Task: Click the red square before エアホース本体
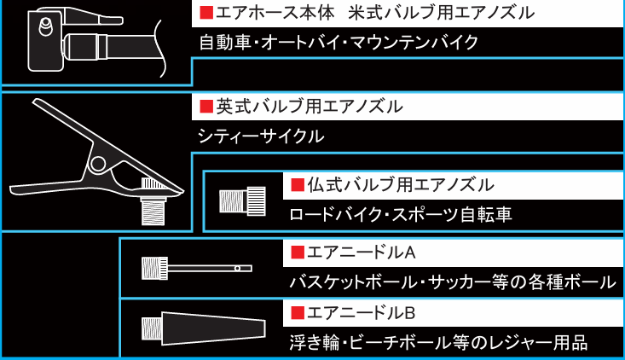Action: click(x=205, y=14)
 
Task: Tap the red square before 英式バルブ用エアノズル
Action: click(x=205, y=107)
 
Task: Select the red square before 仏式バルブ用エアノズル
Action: click(x=298, y=184)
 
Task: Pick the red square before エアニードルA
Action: click(x=298, y=253)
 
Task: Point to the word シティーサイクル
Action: click(x=260, y=136)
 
